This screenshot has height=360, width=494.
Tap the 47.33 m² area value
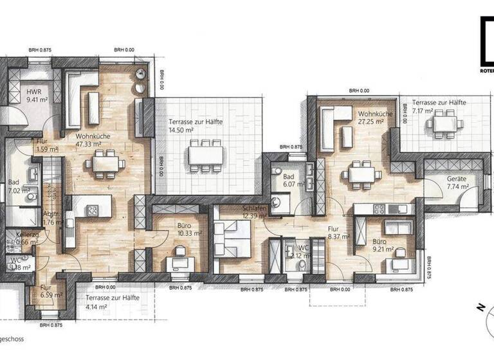90,145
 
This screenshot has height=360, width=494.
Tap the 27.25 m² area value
370,121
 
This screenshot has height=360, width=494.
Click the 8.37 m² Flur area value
338,237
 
